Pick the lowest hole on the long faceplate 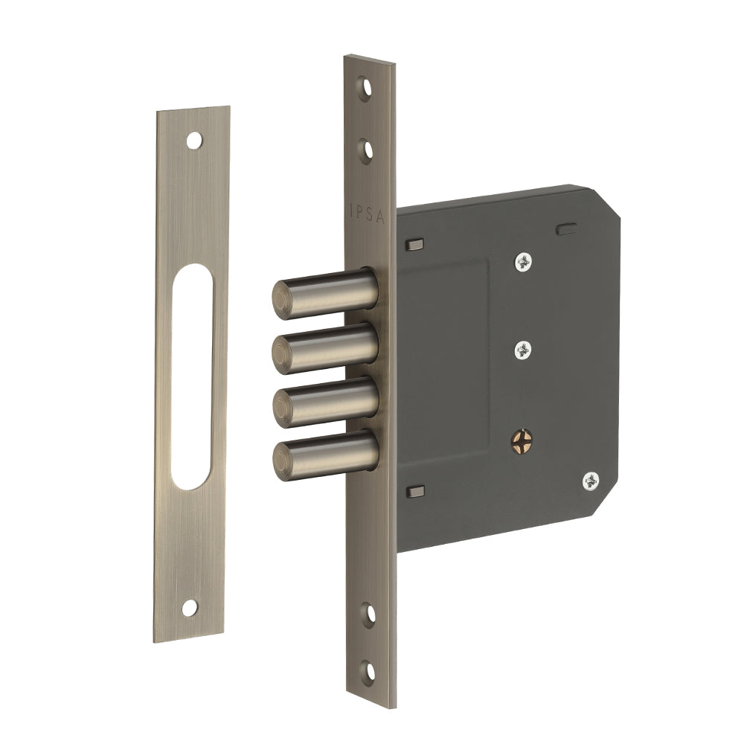[x=368, y=673]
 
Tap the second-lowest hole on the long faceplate [x=368, y=615]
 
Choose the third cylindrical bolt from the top [x=324, y=400]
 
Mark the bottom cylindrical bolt [x=324, y=453]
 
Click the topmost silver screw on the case [x=525, y=260]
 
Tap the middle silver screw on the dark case [x=525, y=348]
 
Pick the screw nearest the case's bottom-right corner [x=591, y=481]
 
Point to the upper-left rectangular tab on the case [x=414, y=244]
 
